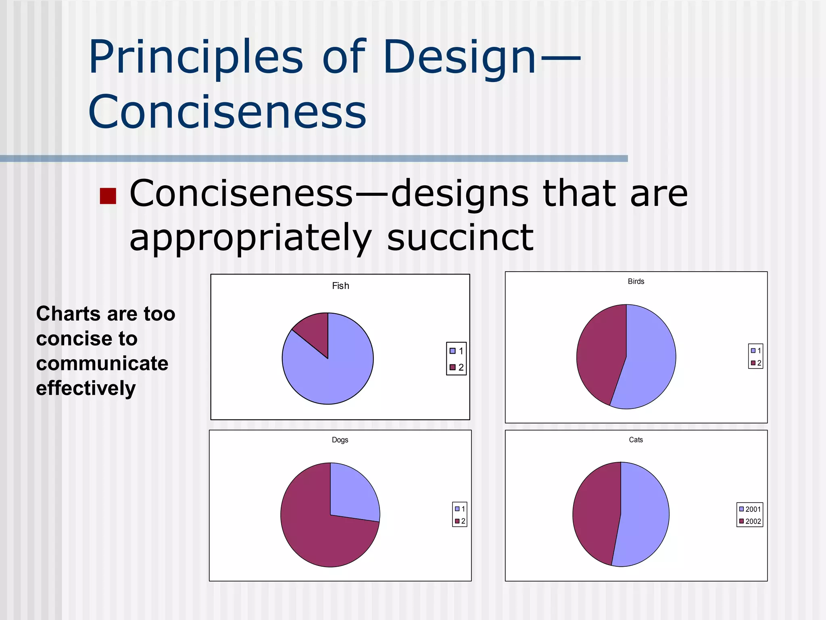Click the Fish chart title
point(340,286)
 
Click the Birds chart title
point(636,281)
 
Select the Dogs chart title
point(340,440)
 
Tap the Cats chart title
point(636,440)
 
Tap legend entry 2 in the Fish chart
point(457,367)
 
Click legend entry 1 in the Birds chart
point(755,351)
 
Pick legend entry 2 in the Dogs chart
point(460,522)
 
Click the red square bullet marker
point(108,196)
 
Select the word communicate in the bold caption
point(102,363)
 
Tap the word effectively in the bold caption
point(86,388)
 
